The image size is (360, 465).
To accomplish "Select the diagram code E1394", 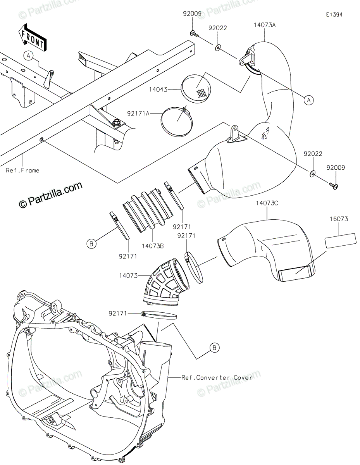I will [x=334, y=15].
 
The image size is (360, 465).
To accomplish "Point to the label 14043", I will [x=169, y=89].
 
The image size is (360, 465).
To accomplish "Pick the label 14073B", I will [x=153, y=246].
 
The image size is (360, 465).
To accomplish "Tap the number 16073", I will [x=339, y=219].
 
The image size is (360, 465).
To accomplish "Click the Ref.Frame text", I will [x=22, y=170].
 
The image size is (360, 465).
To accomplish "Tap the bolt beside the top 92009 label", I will [x=195, y=34].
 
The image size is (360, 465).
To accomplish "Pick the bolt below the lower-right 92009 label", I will [x=333, y=186].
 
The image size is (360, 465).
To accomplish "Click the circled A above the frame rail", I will [x=29, y=56].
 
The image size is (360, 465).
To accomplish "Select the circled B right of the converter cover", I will [x=214, y=348].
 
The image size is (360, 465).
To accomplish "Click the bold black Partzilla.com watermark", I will [x=51, y=195].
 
